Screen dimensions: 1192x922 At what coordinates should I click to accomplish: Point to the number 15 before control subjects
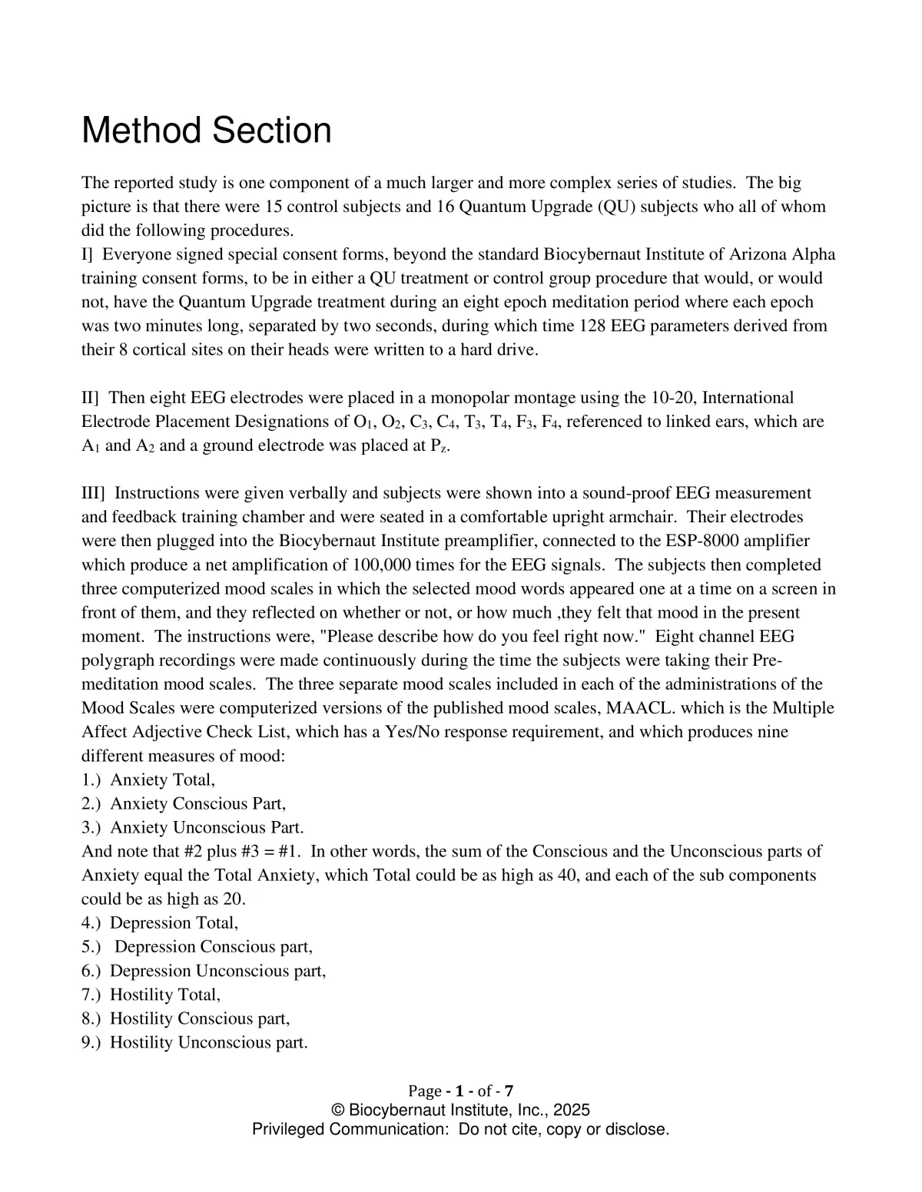274,207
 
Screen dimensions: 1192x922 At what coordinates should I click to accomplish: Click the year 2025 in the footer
572,1111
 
